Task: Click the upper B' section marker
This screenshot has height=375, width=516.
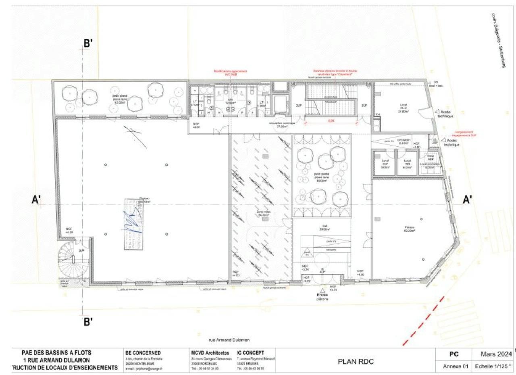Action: pos(88,44)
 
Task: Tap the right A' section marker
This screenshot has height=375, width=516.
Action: pos(467,200)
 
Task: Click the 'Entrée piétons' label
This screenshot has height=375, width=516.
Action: pos(322,297)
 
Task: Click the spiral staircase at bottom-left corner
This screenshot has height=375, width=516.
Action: pos(73,260)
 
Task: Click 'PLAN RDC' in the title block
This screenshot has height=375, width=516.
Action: pos(355,362)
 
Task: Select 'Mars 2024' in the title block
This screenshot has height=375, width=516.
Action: pos(496,354)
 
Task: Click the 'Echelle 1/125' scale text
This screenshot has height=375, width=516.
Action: pos(495,367)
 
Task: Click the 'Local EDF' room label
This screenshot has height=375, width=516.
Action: pos(385,164)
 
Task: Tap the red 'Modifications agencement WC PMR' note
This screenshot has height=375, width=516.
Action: pos(230,73)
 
